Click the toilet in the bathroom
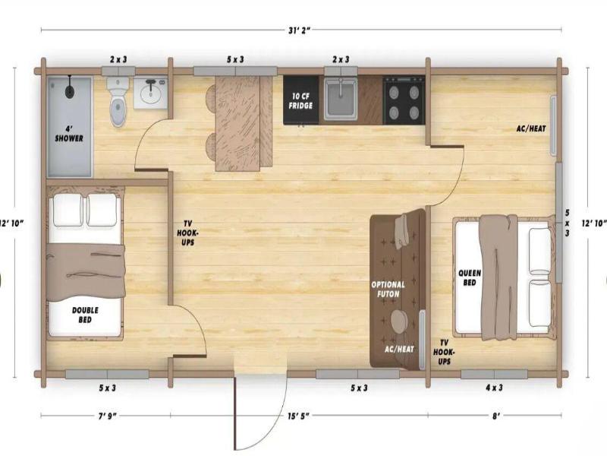[119, 101]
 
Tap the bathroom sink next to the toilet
[150, 93]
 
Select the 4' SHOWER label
[69, 133]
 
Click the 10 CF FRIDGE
[300, 100]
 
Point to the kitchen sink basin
[341, 99]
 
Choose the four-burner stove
[404, 100]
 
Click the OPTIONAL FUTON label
[388, 290]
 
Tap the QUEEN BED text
[470, 277]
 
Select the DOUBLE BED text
[85, 315]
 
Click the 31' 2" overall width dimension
[300, 30]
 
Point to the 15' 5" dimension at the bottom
[298, 416]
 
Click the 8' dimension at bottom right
[496, 416]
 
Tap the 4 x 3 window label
[495, 387]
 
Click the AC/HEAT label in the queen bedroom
[531, 128]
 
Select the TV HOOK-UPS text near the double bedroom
[185, 233]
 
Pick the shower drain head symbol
[70, 90]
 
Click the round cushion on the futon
[399, 320]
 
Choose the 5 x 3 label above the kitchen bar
[235, 59]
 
